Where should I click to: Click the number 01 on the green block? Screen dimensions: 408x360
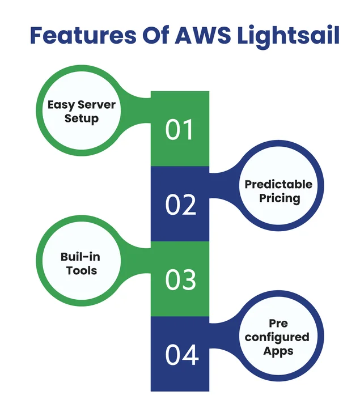(179, 130)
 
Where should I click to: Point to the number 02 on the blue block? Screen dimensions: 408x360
(180, 205)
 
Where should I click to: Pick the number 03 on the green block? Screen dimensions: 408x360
(180, 279)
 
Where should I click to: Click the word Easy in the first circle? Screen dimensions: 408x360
(62, 105)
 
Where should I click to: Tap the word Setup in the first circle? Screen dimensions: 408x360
(81, 118)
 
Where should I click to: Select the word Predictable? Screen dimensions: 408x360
(278, 185)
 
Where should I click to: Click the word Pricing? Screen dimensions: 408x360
(279, 198)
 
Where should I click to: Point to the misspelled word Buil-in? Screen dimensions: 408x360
(81, 257)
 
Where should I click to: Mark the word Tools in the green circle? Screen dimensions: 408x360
(81, 270)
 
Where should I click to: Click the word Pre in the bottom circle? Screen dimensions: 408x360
(278, 323)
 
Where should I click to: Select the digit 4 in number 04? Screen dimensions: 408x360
(191, 354)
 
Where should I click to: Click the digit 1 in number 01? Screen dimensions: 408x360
(188, 130)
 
